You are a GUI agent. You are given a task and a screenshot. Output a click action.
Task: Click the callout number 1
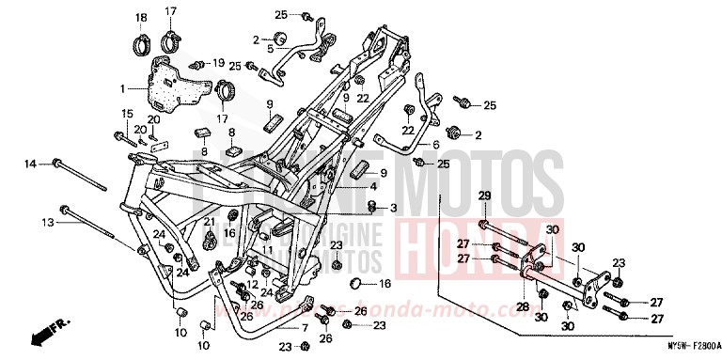pos(121,89)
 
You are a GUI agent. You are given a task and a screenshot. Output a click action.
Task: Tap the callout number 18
pos(141,18)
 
